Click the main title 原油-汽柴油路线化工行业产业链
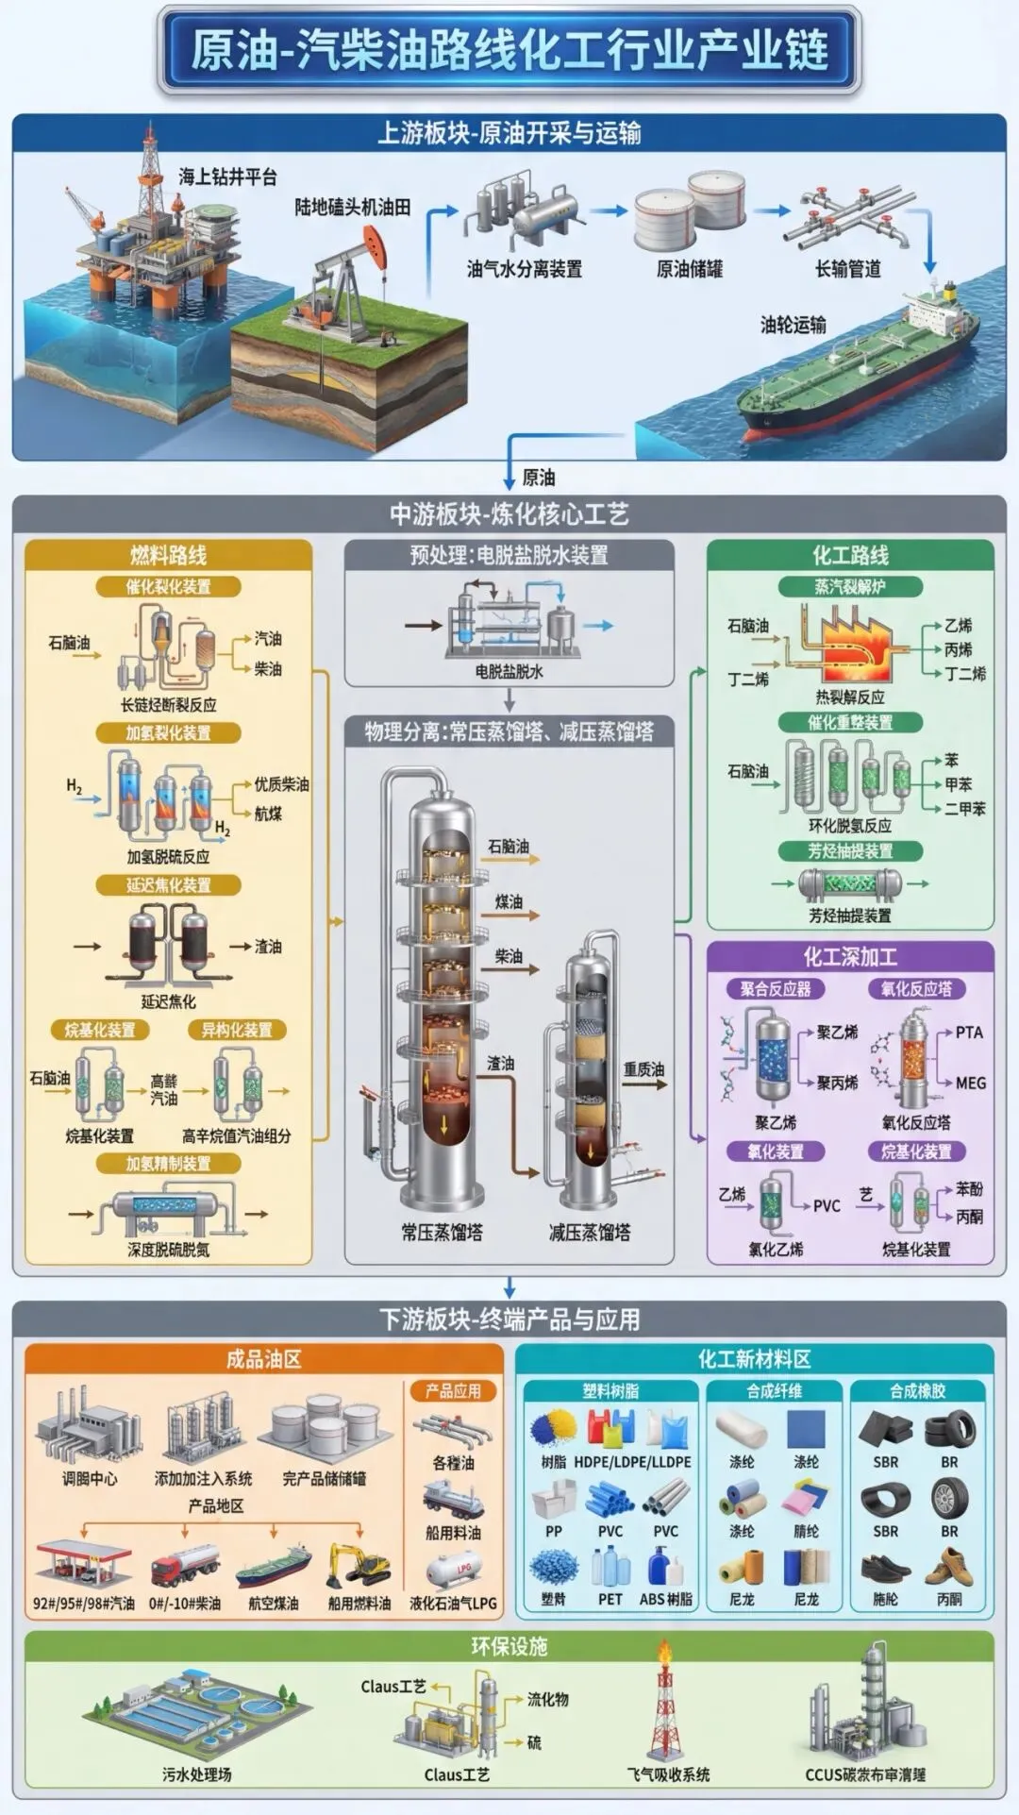click(509, 49)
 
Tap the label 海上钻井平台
click(228, 176)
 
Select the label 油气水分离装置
click(525, 269)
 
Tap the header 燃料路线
click(168, 555)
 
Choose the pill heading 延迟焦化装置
click(169, 885)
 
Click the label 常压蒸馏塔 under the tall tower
click(442, 1232)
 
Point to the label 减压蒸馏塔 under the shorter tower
click(590, 1232)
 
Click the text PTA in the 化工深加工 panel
click(969, 1033)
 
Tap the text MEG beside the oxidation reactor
click(970, 1083)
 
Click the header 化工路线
click(850, 555)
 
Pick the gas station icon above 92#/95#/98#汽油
click(82, 1562)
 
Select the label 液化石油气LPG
click(453, 1603)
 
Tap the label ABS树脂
click(665, 1599)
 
